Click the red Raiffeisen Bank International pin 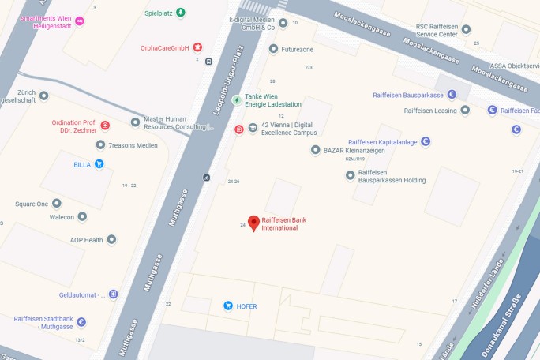[x=253, y=223]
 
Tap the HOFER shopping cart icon [x=228, y=306]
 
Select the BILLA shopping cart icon [x=99, y=164]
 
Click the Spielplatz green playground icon [x=181, y=13]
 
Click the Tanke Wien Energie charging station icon [x=237, y=99]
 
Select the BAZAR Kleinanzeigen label [x=353, y=149]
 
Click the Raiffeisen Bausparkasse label [x=408, y=95]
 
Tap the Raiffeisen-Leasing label [x=431, y=111]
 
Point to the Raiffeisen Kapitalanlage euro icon [x=426, y=142]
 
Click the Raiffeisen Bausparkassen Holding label [x=392, y=176]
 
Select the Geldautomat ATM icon [x=113, y=294]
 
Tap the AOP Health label [x=86, y=239]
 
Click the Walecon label [x=62, y=216]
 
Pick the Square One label [x=32, y=204]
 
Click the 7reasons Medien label [x=133, y=145]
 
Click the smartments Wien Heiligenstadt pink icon [x=79, y=21]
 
